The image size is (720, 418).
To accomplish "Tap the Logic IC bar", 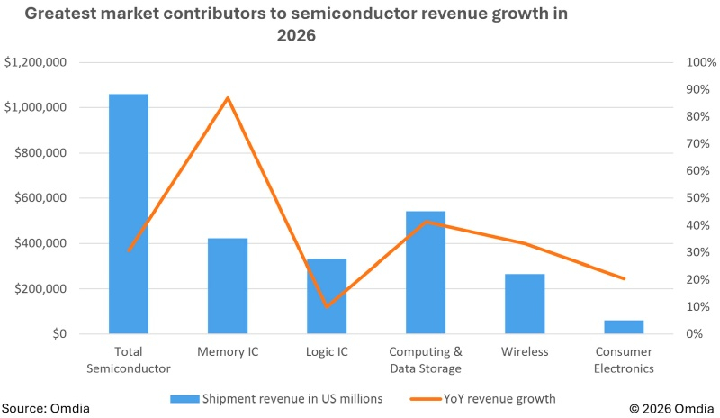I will [x=327, y=296].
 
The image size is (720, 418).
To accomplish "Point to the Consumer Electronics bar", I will [x=624, y=327].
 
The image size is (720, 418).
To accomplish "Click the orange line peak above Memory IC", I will [x=228, y=97].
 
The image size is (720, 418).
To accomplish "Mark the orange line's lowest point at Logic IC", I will [x=327, y=307].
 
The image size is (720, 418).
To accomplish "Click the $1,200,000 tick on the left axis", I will [x=35, y=62].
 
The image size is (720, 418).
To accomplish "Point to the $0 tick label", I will [x=58, y=334].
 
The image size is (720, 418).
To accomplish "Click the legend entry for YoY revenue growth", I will [x=490, y=398].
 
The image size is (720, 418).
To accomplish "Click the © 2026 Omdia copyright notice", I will [x=672, y=408].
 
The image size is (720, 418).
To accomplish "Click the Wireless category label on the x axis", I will [x=525, y=352].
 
